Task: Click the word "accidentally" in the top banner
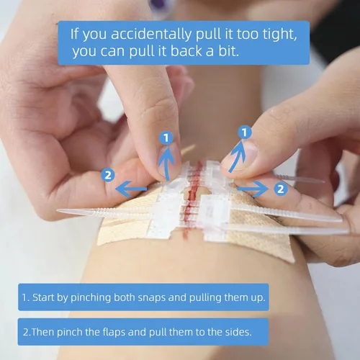click(x=151, y=34)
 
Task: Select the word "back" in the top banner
click(x=186, y=51)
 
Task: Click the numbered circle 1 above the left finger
click(x=166, y=138)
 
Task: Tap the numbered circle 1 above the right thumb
click(x=245, y=132)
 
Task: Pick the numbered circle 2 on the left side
click(x=108, y=175)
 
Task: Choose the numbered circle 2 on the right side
click(x=281, y=189)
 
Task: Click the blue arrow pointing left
click(x=131, y=189)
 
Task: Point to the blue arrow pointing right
click(x=253, y=189)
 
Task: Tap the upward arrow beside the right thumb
click(x=237, y=156)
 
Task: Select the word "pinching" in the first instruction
click(x=91, y=298)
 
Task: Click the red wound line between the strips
click(x=193, y=199)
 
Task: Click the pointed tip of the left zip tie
click(x=58, y=210)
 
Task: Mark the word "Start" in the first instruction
click(x=43, y=297)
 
